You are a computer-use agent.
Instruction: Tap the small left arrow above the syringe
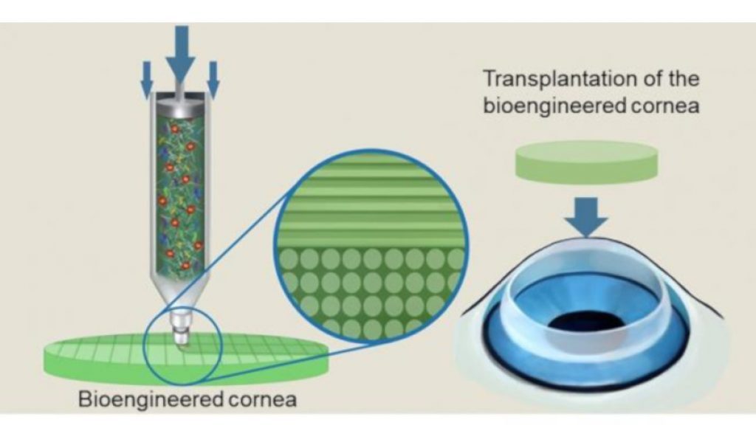coord(147,79)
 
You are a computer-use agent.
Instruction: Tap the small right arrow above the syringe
coord(213,79)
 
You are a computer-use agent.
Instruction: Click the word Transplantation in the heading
coord(561,80)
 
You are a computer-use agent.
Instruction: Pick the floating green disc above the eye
coord(587,162)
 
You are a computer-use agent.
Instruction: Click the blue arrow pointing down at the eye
coord(587,217)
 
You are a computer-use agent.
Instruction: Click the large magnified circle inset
coord(371,246)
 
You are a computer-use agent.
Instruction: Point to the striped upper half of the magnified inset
coord(371,200)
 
